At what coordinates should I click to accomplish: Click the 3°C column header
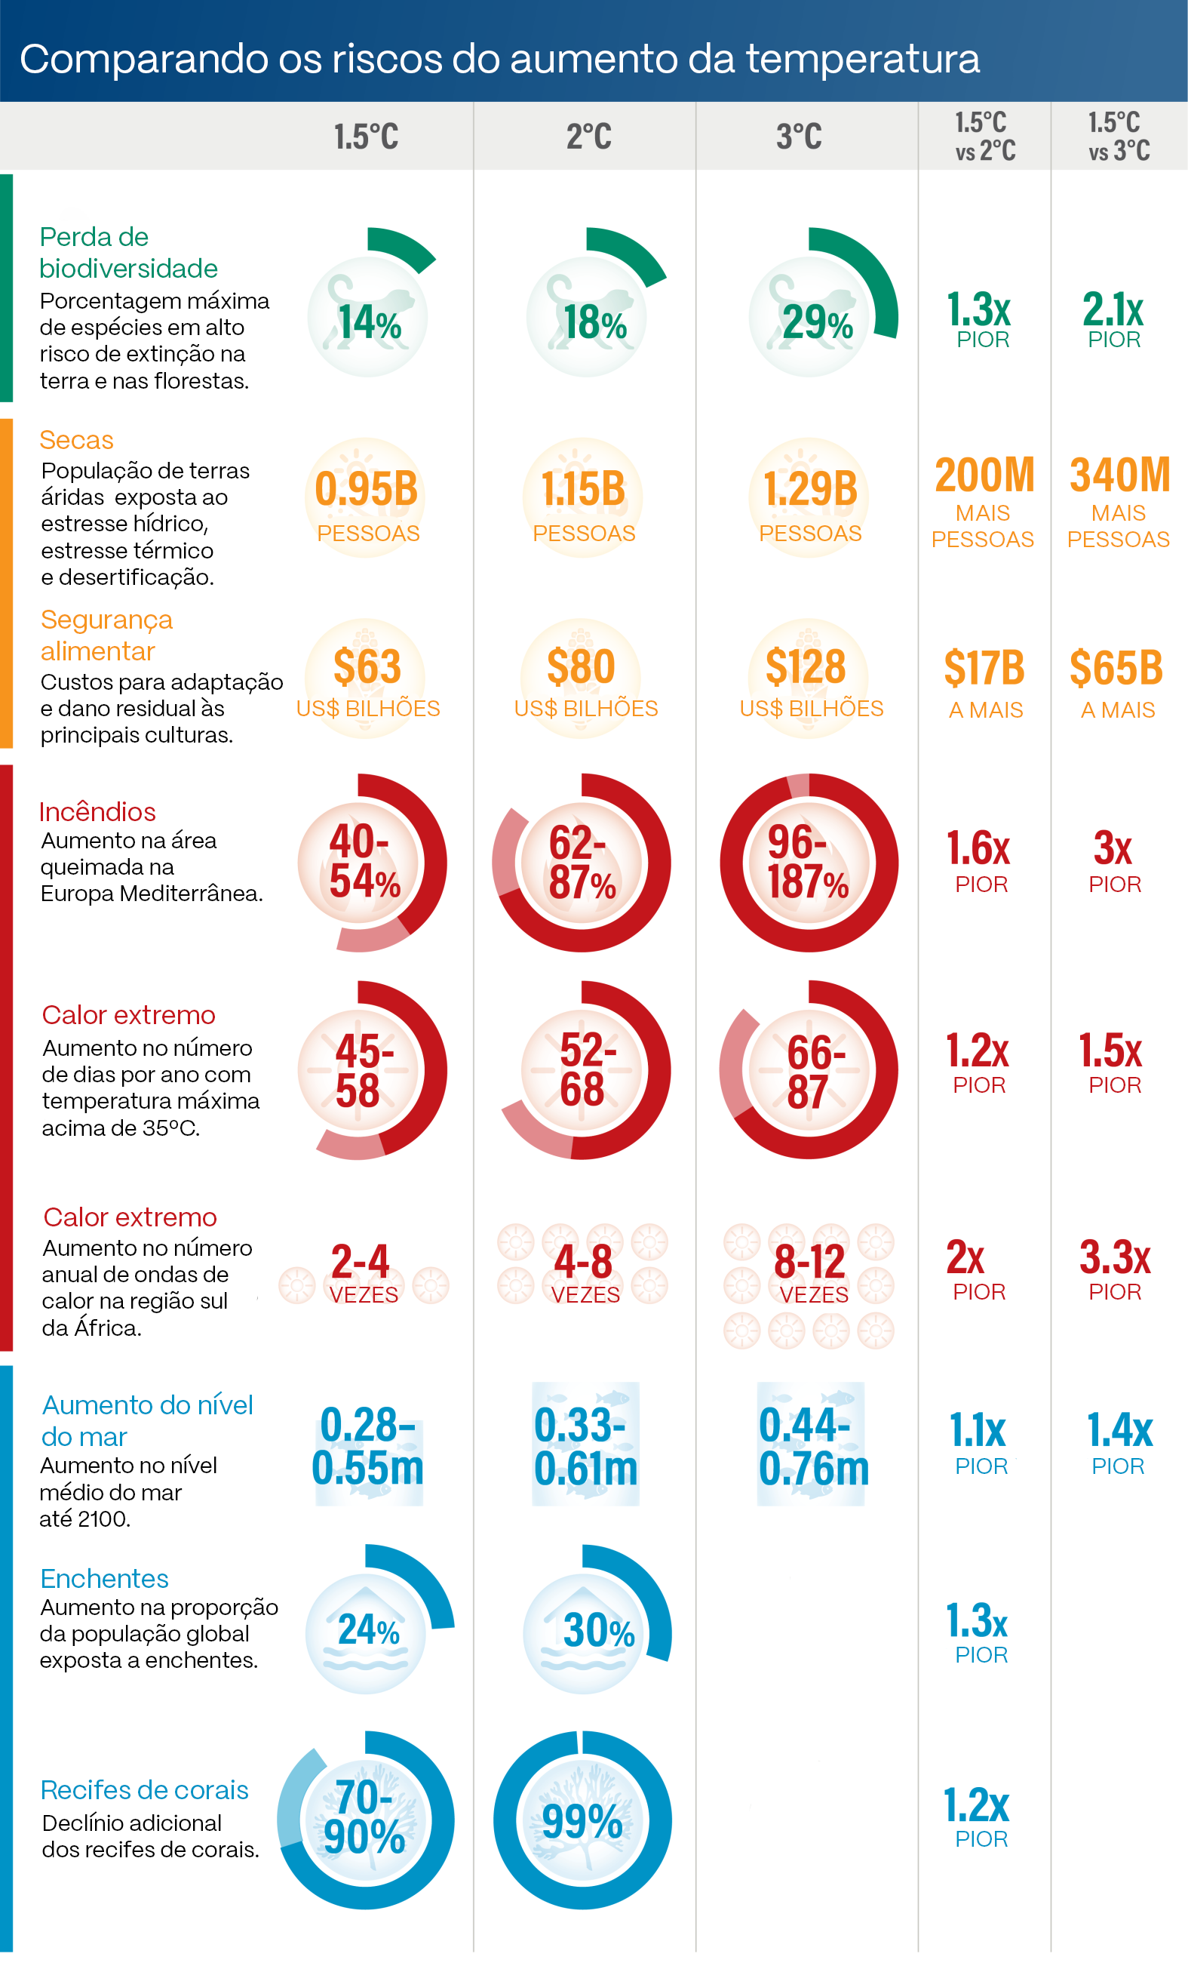click(x=799, y=137)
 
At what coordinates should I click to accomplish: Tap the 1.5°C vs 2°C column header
click(x=984, y=137)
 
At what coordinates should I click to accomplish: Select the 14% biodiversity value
click(x=369, y=323)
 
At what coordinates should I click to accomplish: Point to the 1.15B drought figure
click(x=583, y=489)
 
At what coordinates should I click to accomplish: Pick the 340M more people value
click(x=1119, y=475)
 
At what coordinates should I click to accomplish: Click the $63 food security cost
click(x=367, y=667)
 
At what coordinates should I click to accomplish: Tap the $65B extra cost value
click(x=1116, y=668)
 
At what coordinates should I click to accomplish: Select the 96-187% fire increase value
click(x=808, y=862)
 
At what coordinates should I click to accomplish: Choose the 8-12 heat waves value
click(x=809, y=1263)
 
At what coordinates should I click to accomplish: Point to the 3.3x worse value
click(x=1115, y=1259)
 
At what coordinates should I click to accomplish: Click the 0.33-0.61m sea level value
click(x=585, y=1448)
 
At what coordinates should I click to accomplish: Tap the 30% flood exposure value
click(x=598, y=1631)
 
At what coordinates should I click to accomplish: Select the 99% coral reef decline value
click(x=582, y=1823)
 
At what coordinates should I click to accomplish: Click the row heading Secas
click(x=77, y=440)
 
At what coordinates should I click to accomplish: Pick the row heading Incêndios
click(x=97, y=812)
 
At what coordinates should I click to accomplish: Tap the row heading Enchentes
click(x=105, y=1579)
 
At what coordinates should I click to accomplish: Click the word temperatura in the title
click(x=863, y=59)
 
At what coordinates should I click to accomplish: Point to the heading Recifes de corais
click(x=145, y=1790)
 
